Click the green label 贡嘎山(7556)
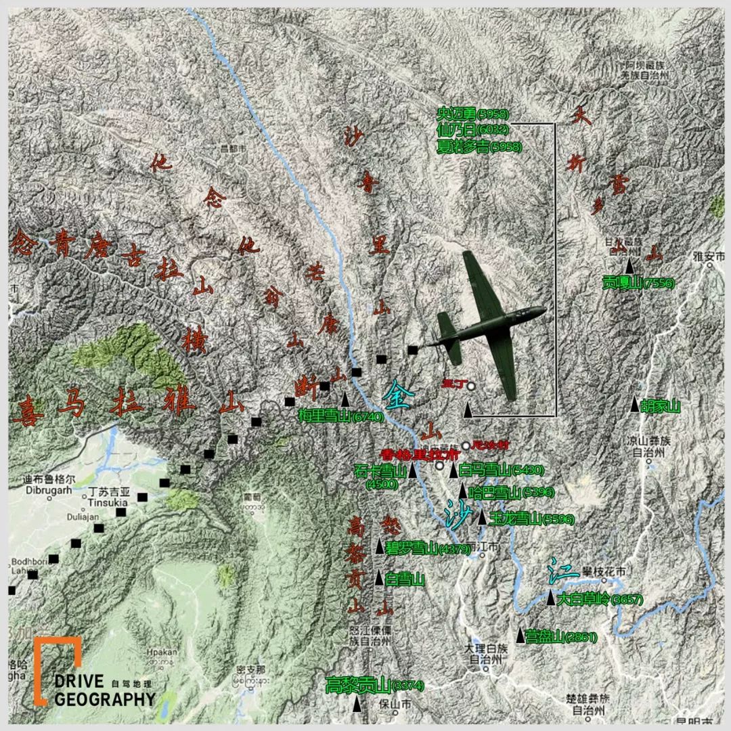pos(638,283)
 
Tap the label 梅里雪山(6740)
pos(340,417)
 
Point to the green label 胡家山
pos(660,406)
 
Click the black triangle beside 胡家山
pos(635,405)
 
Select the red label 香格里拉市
pos(405,455)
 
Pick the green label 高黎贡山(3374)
pos(374,685)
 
